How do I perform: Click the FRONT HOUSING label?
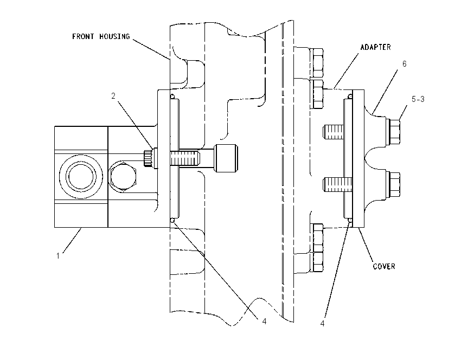pyautogui.click(x=101, y=36)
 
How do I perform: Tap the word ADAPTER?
pyautogui.click(x=375, y=47)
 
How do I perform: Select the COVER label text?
pyautogui.click(x=383, y=266)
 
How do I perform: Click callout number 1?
pyautogui.click(x=58, y=256)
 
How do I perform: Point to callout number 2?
pyautogui.click(x=113, y=96)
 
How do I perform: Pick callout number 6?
pyautogui.click(x=404, y=64)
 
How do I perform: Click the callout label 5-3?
pyautogui.click(x=418, y=99)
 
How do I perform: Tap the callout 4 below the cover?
pyautogui.click(x=322, y=323)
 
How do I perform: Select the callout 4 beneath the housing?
pyautogui.click(x=264, y=321)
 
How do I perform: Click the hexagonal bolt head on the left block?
pyautogui.click(x=123, y=177)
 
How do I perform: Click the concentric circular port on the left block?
pyautogui.click(x=81, y=177)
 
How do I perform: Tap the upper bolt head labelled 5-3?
pyautogui.click(x=393, y=132)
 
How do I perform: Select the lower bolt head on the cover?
pyautogui.click(x=393, y=184)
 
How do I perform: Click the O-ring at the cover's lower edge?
pyautogui.click(x=350, y=220)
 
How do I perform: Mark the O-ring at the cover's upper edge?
pyautogui.click(x=350, y=96)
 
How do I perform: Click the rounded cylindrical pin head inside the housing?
pyautogui.click(x=226, y=158)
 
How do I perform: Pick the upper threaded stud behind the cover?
pyautogui.click(x=334, y=132)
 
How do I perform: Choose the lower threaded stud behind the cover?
pyautogui.click(x=337, y=184)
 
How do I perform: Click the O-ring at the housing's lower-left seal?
pyautogui.click(x=172, y=220)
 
